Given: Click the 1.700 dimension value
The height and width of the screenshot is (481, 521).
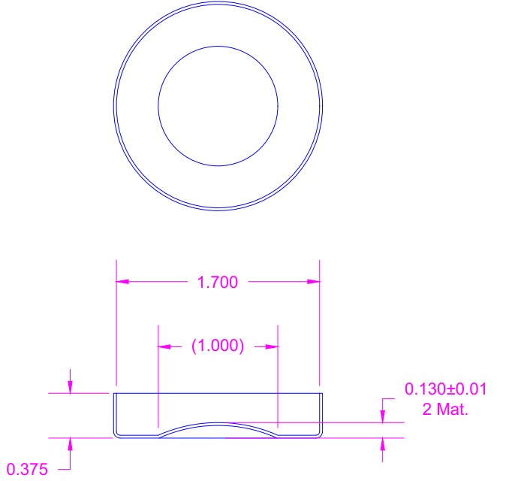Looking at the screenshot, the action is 218,283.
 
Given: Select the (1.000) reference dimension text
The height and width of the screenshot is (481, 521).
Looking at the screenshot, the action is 218,346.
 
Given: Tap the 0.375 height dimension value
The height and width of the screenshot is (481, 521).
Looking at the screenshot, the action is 27,470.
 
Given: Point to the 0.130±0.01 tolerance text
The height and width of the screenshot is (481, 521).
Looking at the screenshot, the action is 446,389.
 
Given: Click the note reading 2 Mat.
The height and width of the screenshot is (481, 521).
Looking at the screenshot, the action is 445,409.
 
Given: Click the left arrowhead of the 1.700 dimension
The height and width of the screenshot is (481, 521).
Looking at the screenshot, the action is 122,282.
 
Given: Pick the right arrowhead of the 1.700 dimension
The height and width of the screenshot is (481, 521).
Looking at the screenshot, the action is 313,282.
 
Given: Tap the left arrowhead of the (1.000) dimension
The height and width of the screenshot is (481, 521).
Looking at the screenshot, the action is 164,346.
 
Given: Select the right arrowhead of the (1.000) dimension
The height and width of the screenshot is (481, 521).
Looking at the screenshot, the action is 272,346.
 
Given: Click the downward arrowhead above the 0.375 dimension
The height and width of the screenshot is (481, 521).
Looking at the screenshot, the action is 70,387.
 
